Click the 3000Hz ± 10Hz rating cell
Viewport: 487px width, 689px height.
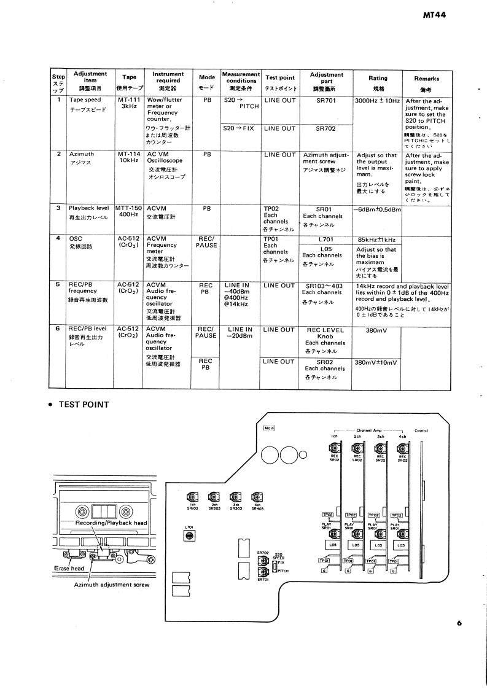[x=377, y=99]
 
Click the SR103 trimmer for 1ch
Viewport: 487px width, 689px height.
[x=192, y=497]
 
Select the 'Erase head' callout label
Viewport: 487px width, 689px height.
[x=69, y=569]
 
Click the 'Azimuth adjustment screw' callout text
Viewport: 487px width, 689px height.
[x=111, y=585]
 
